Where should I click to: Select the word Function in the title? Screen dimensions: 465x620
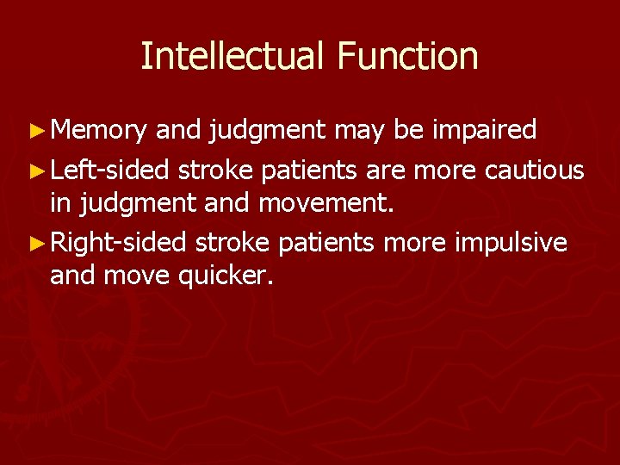[x=407, y=56]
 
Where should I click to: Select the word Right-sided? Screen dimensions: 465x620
[x=118, y=243]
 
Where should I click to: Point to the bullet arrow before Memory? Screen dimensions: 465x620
[x=37, y=131]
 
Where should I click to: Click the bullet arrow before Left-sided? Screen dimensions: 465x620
[x=37, y=170]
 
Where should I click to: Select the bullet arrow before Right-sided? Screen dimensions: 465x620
[x=37, y=244]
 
